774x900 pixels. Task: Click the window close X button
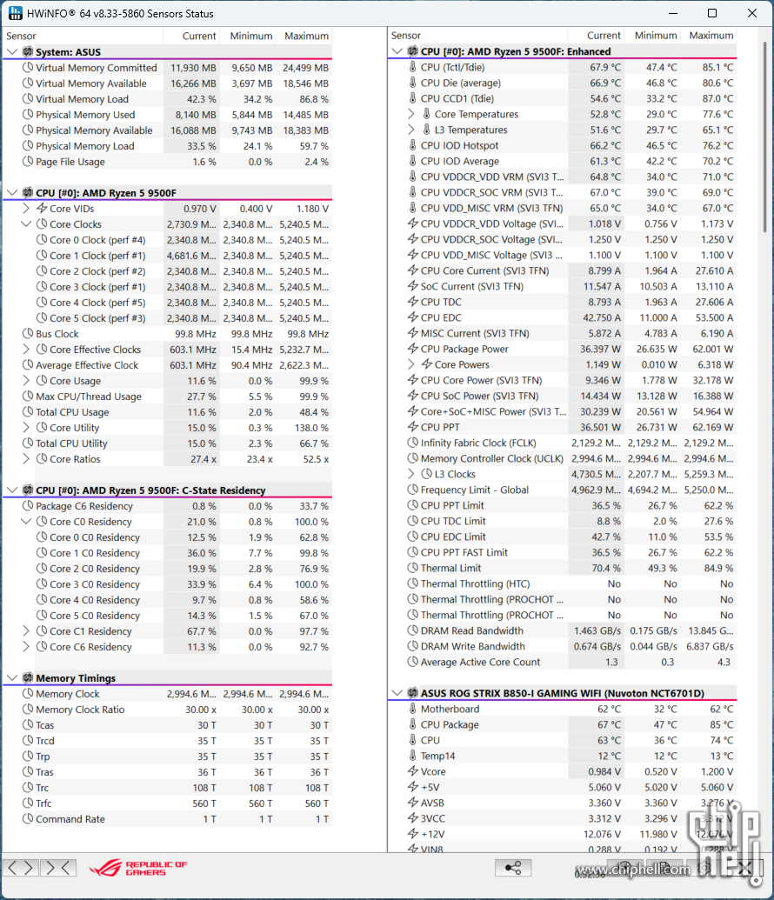tap(752, 13)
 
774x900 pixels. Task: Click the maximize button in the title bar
tap(712, 13)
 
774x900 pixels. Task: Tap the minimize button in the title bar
tap(672, 13)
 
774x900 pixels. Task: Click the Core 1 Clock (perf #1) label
tap(97, 256)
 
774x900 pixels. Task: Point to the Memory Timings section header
tap(76, 678)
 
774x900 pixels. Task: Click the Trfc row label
tap(44, 803)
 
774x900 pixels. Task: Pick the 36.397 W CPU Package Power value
tap(603, 350)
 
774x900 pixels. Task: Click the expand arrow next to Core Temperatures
tap(411, 115)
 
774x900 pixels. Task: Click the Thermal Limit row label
tap(450, 569)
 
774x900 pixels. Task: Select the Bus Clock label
tap(57, 334)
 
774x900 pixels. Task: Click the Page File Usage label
tap(70, 162)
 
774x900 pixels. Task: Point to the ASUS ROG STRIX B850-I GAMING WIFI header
tap(563, 694)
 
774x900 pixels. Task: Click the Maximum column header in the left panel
tap(306, 37)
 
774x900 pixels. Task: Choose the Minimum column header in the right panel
tap(656, 36)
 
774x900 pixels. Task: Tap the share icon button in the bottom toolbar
tap(513, 868)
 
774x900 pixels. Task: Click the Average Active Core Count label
tap(480, 663)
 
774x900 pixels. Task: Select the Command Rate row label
tap(70, 819)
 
